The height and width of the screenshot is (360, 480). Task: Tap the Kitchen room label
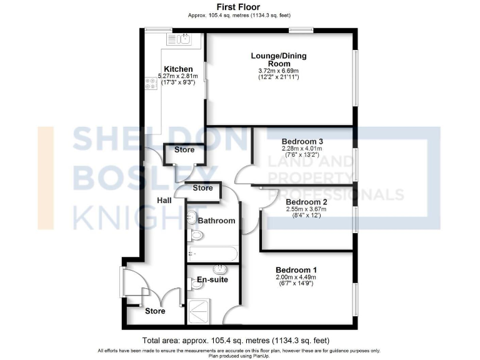(178, 69)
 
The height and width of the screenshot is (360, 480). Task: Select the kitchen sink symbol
(182, 39)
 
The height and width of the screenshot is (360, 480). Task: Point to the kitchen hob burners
(151, 83)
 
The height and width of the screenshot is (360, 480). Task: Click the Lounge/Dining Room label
(279, 60)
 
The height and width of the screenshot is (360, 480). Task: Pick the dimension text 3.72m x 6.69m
(279, 71)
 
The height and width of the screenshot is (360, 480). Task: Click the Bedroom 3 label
(302, 141)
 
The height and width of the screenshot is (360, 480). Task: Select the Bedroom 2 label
(306, 202)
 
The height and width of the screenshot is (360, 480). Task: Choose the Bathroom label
(216, 221)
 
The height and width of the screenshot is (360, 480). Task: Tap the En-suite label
(212, 279)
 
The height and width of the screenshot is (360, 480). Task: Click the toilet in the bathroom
(196, 236)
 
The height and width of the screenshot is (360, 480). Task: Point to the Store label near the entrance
(155, 311)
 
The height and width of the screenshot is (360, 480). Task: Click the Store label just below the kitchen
(184, 150)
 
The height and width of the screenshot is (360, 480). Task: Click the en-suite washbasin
(221, 269)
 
